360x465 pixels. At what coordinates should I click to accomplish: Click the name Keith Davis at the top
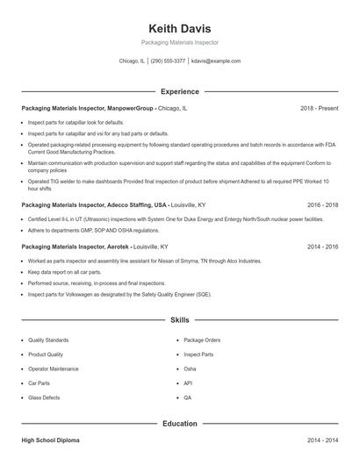179,28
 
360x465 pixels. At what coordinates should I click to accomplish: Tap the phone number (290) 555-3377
169,61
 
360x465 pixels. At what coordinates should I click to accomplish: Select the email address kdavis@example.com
216,61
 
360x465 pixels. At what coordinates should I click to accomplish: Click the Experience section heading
179,91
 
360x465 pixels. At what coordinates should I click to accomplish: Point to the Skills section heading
179,321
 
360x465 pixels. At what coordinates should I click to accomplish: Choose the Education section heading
179,424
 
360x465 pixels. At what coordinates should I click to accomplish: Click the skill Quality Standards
48,340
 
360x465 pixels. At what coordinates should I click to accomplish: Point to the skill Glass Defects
44,397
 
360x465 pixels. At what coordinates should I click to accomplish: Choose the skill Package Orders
202,340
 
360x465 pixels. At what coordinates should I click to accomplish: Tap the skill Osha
190,368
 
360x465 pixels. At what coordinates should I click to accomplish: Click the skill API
188,383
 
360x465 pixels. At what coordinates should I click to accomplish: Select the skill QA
188,397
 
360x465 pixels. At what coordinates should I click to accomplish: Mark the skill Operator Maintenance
53,368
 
